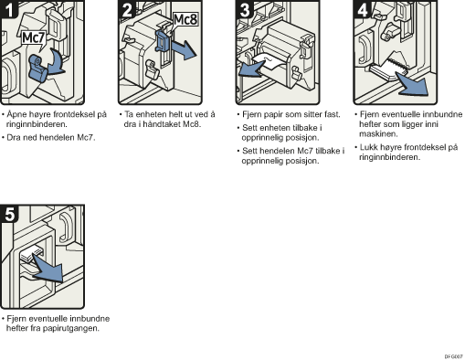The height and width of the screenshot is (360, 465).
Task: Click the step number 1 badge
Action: coord(8,9)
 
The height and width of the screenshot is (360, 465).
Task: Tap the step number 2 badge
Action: coord(127,9)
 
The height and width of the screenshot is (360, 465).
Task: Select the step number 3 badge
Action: coord(244,9)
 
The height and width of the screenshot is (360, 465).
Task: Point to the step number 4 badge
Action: coord(362,9)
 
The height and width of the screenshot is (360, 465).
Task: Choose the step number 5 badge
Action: coord(9,214)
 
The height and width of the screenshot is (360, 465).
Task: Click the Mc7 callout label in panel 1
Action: coord(34,38)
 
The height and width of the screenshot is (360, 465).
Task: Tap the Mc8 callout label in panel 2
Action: coord(185,20)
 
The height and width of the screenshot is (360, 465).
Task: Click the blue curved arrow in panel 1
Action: coord(57,62)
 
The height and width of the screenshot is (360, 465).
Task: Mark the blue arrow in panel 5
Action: coord(48,268)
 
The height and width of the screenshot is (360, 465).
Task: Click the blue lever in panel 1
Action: coord(37,69)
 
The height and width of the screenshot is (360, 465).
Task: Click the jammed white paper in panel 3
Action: coord(268,61)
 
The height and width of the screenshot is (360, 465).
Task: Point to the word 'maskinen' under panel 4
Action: coord(378,134)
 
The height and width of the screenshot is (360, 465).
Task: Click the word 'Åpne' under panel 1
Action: coord(16,114)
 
